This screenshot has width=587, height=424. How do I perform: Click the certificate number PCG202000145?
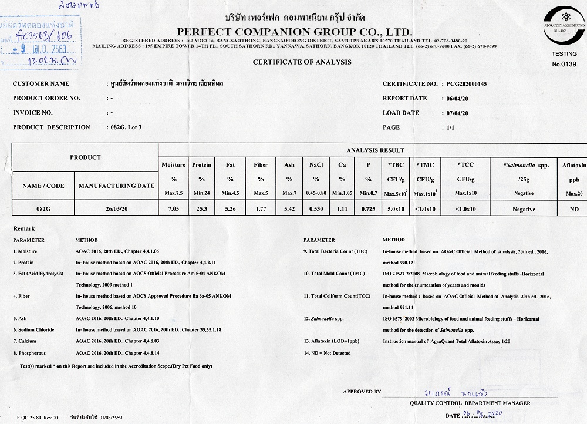[x=467, y=84]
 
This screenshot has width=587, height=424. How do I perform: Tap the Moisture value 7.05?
[x=173, y=209]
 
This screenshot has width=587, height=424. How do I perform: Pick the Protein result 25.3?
[x=201, y=209]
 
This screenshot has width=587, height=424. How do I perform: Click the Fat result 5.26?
[x=230, y=209]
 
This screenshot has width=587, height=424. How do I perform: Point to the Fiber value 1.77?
[x=261, y=209]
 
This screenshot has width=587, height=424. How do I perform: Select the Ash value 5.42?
[x=289, y=209]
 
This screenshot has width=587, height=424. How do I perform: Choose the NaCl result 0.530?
[x=316, y=209]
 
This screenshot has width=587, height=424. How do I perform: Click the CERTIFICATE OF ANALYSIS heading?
[x=302, y=62]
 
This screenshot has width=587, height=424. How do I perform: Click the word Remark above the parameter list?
[x=24, y=228]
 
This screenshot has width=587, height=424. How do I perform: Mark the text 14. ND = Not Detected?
[x=327, y=353]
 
